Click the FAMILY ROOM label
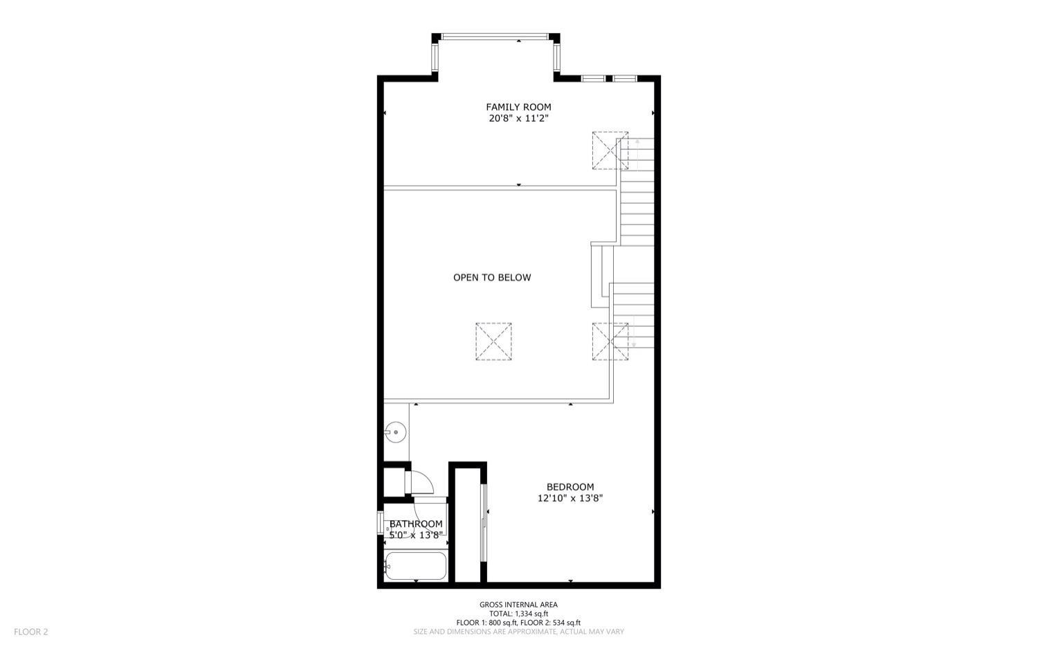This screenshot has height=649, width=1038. click(x=518, y=107)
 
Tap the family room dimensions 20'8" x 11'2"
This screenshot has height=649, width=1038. click(x=518, y=118)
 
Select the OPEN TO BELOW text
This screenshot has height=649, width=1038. click(x=492, y=278)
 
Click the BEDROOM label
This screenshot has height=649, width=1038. click(x=570, y=487)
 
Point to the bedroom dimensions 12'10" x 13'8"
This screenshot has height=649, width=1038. click(x=570, y=498)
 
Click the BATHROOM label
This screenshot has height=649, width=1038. click(x=416, y=524)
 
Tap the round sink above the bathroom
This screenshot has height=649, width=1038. click(x=395, y=432)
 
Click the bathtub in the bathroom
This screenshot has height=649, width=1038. click(x=415, y=566)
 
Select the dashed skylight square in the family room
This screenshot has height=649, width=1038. click(x=610, y=150)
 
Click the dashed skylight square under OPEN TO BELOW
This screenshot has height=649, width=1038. click(x=493, y=341)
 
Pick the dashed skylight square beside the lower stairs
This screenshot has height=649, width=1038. click(x=610, y=341)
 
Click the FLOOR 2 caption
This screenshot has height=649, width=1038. click(x=31, y=632)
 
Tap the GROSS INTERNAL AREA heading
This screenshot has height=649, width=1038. click(x=518, y=605)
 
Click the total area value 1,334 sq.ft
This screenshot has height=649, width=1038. click(x=529, y=614)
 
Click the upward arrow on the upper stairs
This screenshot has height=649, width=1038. click(x=637, y=145)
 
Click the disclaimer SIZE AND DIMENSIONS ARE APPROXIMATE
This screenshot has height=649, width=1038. click(x=518, y=632)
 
